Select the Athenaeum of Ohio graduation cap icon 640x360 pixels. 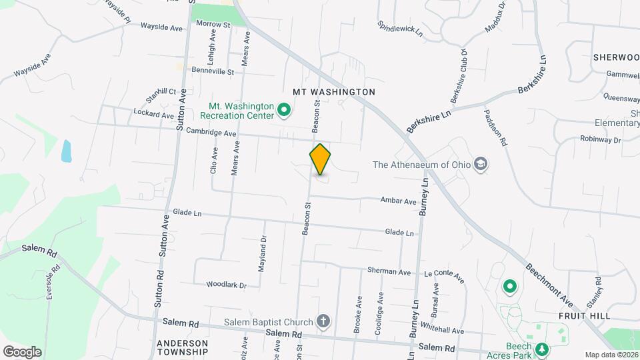coord(481,165)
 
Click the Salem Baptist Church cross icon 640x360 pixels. coord(323,322)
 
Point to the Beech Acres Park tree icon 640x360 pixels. coord(542,349)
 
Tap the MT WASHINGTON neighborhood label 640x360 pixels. coord(334,91)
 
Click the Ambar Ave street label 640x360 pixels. coord(398,200)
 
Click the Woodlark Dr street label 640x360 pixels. coord(226,285)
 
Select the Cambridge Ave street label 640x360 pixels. coord(211,132)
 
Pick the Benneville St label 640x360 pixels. coord(213,71)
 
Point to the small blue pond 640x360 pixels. coord(67,151)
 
